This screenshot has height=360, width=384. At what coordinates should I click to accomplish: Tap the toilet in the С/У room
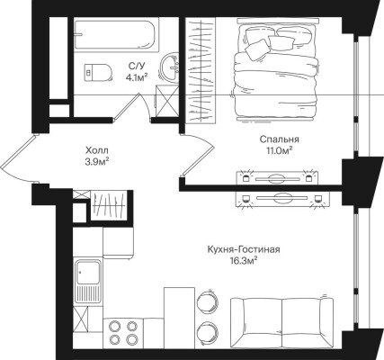coord(98,72)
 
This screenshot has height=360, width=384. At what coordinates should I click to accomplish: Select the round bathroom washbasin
coord(170,67)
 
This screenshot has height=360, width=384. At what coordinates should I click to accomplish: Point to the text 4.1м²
coord(137,77)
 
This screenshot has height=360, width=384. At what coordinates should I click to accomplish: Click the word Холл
coord(96,150)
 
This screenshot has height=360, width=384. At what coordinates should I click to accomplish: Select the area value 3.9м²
coord(96,162)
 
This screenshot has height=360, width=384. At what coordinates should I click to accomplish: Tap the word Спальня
coord(280,139)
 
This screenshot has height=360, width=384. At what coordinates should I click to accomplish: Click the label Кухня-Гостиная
coord(244,249)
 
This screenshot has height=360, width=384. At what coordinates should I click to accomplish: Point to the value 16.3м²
coord(244,261)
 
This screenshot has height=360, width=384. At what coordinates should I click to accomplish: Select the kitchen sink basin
coord(88,273)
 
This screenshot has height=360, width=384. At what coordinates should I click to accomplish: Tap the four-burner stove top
coord(123,332)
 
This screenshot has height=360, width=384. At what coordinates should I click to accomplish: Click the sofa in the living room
coord(281,321)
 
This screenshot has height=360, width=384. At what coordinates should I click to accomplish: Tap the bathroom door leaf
coord(127,106)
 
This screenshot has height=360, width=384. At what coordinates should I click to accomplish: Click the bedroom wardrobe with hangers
coord(201,70)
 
